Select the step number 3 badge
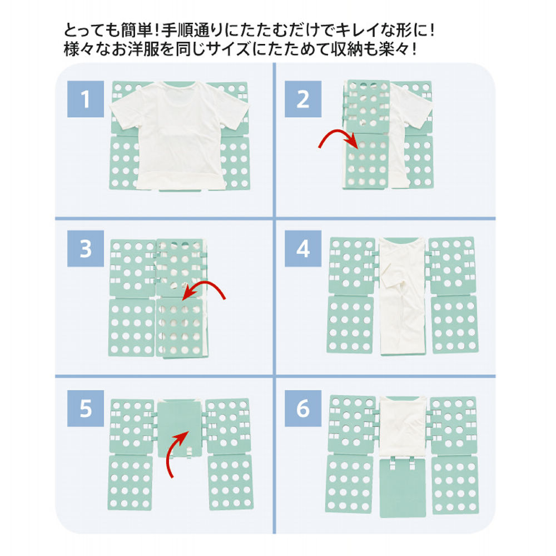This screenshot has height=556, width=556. point(86,249)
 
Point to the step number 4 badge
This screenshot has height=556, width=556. point(303,249)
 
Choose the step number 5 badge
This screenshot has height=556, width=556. point(86,409)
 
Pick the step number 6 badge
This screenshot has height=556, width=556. point(303,409)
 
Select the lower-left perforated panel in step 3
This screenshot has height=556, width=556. point(132,328)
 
